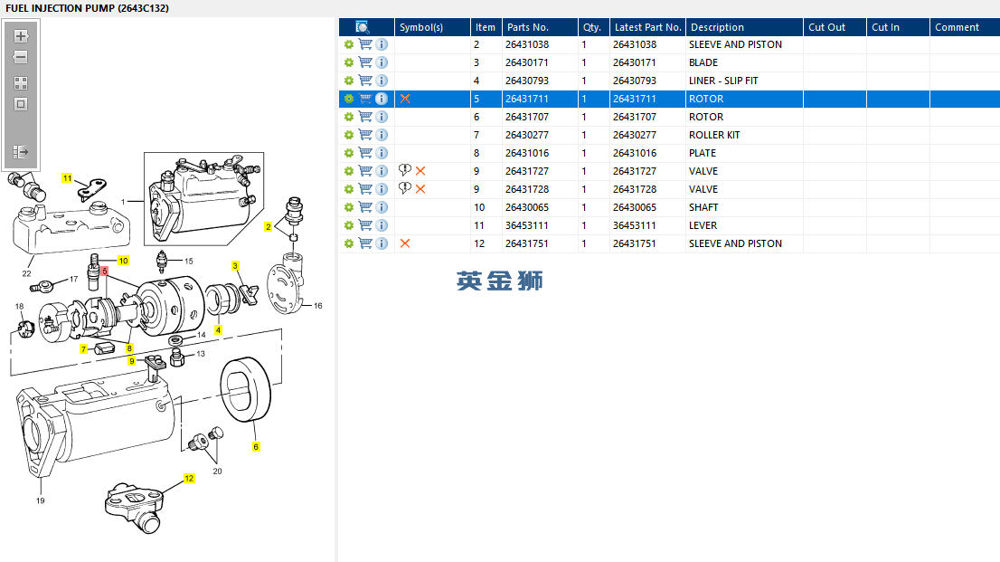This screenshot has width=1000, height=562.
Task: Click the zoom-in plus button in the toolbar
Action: (x=21, y=36)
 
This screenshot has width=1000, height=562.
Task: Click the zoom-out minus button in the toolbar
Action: (x=21, y=58)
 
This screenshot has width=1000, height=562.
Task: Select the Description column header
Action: (x=717, y=27)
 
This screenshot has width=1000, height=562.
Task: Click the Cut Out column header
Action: (x=826, y=27)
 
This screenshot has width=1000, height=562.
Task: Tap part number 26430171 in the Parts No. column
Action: (x=527, y=62)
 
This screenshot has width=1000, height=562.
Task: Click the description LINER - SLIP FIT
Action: (x=723, y=81)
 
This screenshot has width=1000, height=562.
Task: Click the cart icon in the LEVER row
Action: (x=365, y=224)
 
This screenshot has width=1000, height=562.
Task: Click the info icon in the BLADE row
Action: (x=382, y=62)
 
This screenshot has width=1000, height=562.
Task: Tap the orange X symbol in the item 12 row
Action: (x=405, y=243)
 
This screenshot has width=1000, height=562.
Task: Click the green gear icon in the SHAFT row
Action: (x=349, y=207)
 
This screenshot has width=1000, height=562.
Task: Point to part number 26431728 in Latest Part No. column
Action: (x=635, y=189)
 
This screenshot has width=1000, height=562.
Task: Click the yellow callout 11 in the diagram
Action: (x=67, y=178)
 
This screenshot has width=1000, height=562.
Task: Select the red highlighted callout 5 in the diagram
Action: (x=105, y=271)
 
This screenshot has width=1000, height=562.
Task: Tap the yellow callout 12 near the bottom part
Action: (x=189, y=479)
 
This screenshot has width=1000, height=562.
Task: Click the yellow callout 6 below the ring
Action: (x=256, y=446)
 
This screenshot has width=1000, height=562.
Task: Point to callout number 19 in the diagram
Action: (x=40, y=500)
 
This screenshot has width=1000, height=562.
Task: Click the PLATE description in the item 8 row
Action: (x=703, y=153)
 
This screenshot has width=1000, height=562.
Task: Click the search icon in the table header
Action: (x=363, y=27)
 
